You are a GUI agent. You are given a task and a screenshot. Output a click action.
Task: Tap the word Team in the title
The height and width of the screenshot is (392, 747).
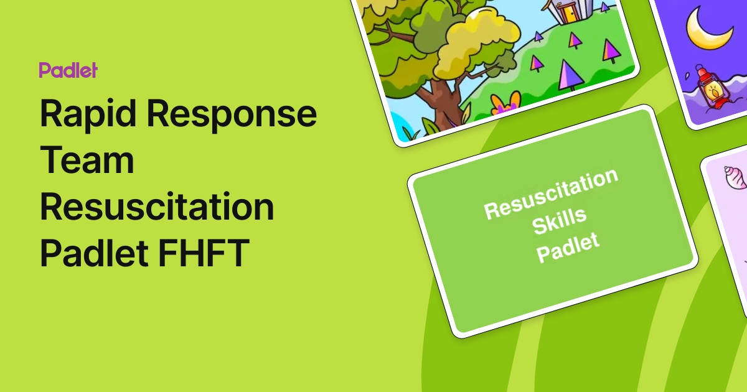pos(87,161)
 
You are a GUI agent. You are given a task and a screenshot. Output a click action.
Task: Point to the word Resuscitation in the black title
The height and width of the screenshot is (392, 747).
pos(157,207)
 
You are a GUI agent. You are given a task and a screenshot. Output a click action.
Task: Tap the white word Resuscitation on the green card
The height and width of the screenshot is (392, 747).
pos(552,193)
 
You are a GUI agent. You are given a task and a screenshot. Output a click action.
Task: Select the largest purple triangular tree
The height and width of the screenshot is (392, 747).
pos(569,75)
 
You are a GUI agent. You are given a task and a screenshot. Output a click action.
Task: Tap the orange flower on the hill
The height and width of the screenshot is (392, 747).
pos(505,103)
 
